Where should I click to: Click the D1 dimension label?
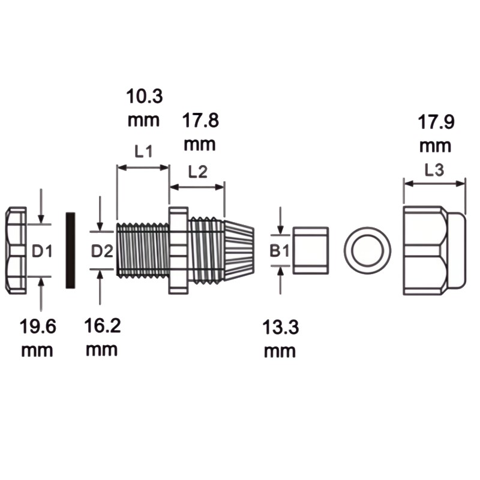(42, 251)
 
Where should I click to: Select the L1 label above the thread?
(143, 152)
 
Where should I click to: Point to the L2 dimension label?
(197, 172)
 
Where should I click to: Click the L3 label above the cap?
(434, 170)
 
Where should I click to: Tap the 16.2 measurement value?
(101, 327)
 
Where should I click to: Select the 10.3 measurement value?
(144, 96)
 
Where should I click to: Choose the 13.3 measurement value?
(280, 328)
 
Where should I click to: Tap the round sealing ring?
(367, 250)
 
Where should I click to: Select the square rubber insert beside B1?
(310, 250)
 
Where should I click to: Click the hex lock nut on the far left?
(16, 250)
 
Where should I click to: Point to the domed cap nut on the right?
(433, 250)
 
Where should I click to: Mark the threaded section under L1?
(143, 250)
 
